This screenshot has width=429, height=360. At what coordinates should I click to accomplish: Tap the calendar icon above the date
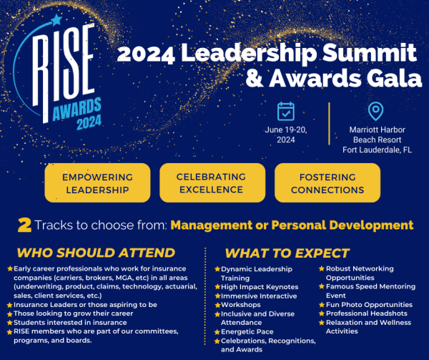tap(286, 112)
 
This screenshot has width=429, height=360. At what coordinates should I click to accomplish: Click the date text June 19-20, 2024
tap(286, 135)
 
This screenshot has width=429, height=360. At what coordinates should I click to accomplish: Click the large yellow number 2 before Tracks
tap(24, 225)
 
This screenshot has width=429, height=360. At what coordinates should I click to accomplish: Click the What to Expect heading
tap(287, 253)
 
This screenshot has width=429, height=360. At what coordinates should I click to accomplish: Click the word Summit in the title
tap(376, 52)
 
